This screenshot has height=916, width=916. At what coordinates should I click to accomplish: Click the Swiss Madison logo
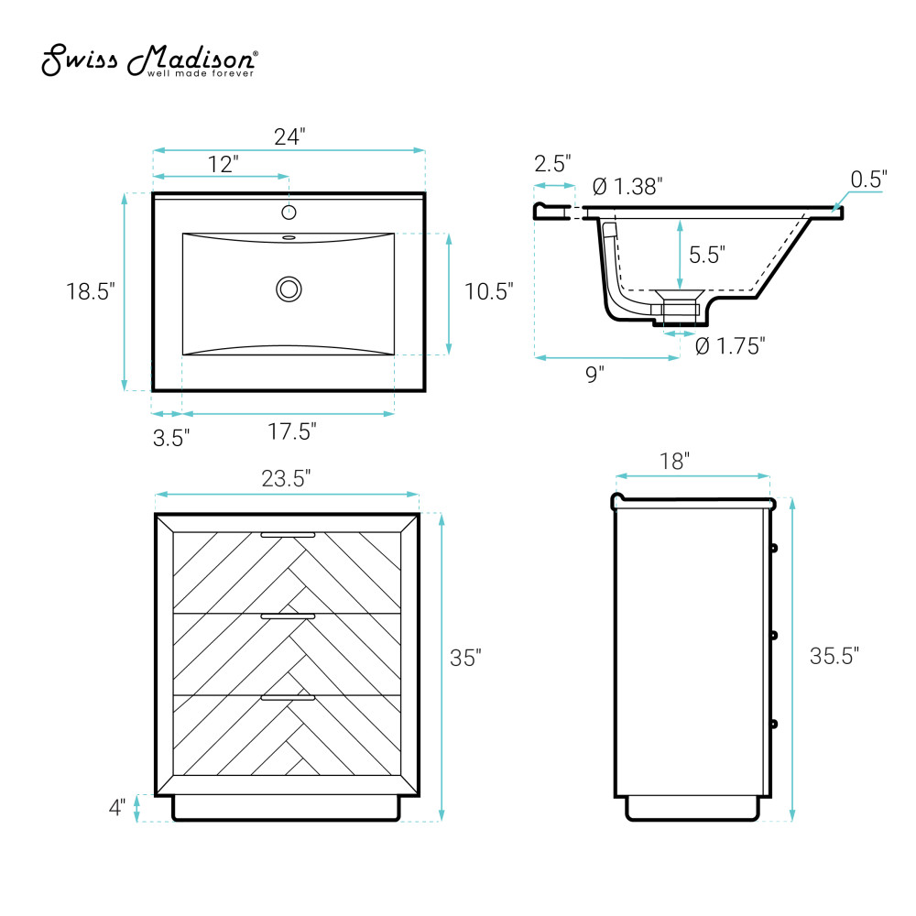[149, 60]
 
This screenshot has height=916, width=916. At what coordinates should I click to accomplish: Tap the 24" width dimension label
[289, 136]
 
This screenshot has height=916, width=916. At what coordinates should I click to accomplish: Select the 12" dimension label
[224, 164]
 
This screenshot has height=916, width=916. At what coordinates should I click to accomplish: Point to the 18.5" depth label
[90, 291]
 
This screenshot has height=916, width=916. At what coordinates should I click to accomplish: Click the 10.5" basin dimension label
[488, 291]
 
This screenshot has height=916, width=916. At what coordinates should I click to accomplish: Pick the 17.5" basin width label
[291, 431]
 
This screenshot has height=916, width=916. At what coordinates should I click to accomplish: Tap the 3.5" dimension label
[171, 438]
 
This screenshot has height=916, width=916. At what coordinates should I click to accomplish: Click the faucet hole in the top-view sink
[289, 213]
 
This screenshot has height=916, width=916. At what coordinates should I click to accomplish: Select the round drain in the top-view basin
[289, 289]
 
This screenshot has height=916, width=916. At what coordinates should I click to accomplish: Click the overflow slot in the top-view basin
[289, 238]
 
